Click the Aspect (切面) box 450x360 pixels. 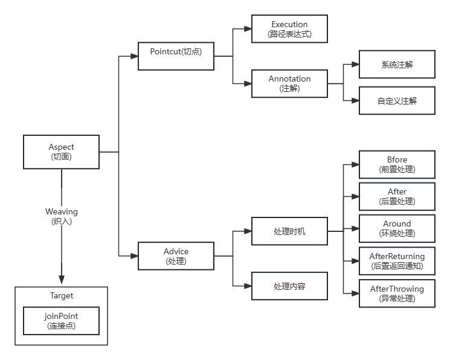(x=61, y=152)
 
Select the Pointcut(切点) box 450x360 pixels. (x=176, y=56)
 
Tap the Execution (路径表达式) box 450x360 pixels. (x=289, y=29)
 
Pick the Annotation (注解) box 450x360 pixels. (x=289, y=83)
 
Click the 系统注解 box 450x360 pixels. (x=397, y=65)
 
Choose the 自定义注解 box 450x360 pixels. (x=397, y=101)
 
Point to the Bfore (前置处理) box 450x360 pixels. (x=397, y=164)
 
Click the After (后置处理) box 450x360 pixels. (x=397, y=196)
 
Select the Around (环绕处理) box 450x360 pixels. (x=397, y=228)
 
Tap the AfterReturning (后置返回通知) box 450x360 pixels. (x=397, y=261)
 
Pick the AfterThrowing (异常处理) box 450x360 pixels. (x=397, y=294)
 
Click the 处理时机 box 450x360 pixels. (x=289, y=231)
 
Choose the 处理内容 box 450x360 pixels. (x=289, y=286)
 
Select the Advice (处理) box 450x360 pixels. (x=176, y=256)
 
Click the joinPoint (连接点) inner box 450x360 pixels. (x=61, y=321)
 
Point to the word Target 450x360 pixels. (x=61, y=296)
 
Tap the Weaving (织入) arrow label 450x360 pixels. (x=62, y=216)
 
